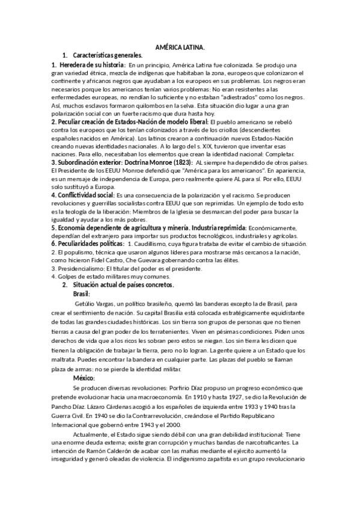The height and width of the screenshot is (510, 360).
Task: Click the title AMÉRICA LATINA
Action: click(x=180, y=47)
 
